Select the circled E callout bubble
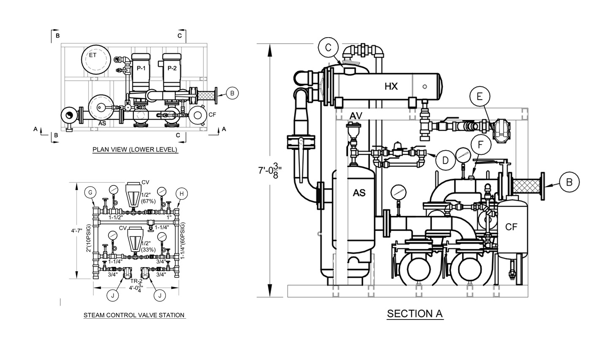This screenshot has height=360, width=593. [x=480, y=97]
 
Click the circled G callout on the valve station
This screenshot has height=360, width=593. [x=90, y=192]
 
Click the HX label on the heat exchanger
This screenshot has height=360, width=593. [x=391, y=87]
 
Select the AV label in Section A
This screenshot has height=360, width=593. [x=356, y=116]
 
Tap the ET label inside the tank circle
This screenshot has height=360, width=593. [x=92, y=55]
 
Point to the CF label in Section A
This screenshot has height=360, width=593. [x=511, y=227]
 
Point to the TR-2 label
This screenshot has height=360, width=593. [x=136, y=281]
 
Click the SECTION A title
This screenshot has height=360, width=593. [x=414, y=314]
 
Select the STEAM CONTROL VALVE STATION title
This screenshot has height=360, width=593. [x=134, y=315]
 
